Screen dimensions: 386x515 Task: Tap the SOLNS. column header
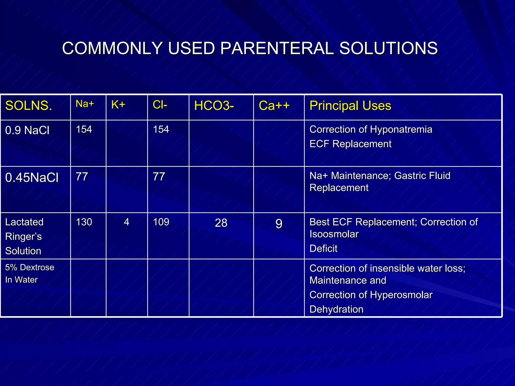[x=29, y=106]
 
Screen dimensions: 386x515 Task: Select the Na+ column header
[x=85, y=104]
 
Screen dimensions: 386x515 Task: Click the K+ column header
[x=118, y=105]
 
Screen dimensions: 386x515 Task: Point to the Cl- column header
[x=160, y=105]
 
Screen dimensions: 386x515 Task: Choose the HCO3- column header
[x=214, y=106]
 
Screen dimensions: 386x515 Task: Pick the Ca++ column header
[x=274, y=106]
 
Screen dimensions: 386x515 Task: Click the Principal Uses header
[x=350, y=106]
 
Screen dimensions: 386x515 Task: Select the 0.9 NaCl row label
[x=27, y=130]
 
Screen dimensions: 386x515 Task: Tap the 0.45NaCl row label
[x=32, y=177]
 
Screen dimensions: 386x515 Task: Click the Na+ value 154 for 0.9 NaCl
[x=84, y=129]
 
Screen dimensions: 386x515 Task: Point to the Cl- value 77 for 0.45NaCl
[x=159, y=177]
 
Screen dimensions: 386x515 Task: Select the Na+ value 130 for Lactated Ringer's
[x=84, y=222]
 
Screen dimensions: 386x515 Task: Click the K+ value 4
[x=126, y=222]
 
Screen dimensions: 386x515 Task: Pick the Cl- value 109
[x=161, y=222]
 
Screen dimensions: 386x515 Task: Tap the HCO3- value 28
[x=221, y=223]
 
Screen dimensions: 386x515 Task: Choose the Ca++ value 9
[x=279, y=224]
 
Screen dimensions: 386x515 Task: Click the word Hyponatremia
[x=401, y=129]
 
